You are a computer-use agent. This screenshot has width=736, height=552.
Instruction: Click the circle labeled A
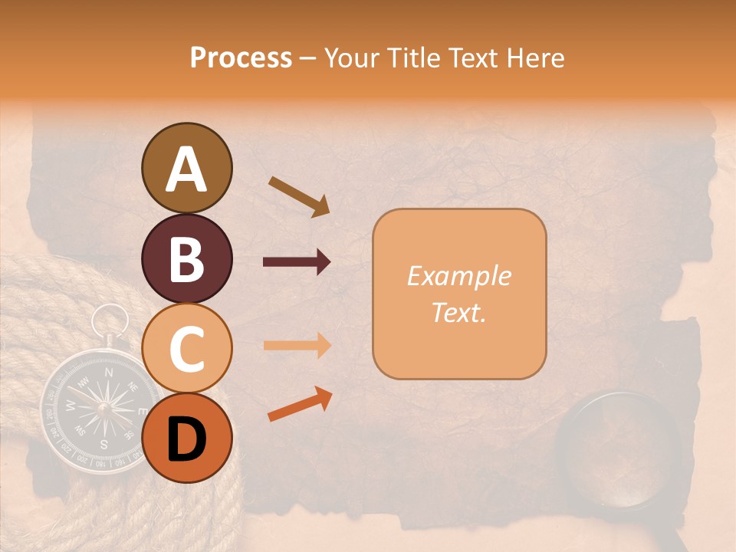tap(186, 168)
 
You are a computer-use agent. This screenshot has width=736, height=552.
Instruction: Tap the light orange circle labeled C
tap(186, 348)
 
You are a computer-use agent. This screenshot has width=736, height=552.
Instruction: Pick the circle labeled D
tap(186, 438)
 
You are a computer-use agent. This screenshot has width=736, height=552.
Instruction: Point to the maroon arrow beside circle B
tap(297, 262)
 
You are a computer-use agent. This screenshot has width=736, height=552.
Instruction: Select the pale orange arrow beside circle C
tap(297, 346)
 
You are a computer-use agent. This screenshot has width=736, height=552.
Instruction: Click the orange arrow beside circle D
tap(300, 404)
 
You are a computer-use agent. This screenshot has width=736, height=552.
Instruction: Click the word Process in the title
tap(241, 58)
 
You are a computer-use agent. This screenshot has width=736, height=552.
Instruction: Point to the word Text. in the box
tap(458, 312)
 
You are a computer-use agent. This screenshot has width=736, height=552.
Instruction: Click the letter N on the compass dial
tap(108, 373)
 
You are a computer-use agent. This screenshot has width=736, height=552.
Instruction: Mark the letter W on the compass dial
tap(71, 404)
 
